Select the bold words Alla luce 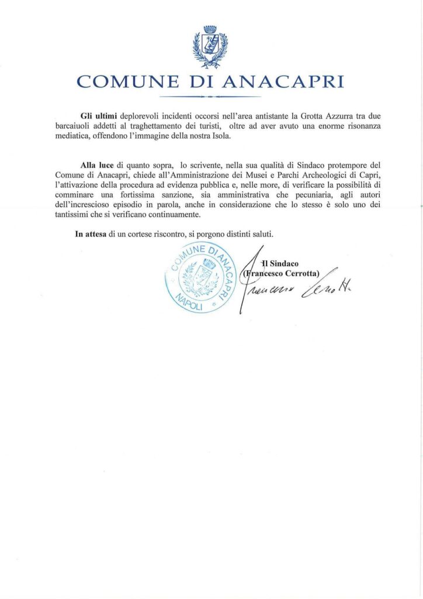coord(97,166)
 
